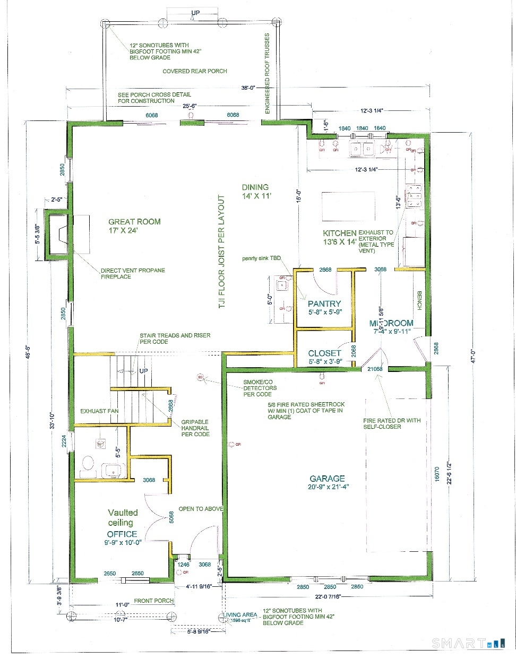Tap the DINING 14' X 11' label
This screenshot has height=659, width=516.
tap(256, 192)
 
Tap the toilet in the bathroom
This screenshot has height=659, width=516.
tap(88, 464)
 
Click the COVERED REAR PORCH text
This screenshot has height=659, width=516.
tap(195, 71)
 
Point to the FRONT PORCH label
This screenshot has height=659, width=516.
tap(154, 601)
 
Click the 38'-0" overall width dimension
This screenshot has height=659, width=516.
tap(248, 88)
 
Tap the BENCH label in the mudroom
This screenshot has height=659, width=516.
tap(419, 300)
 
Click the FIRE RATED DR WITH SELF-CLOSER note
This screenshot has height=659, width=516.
tap(392, 423)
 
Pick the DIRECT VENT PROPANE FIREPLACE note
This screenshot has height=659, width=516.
tap(133, 273)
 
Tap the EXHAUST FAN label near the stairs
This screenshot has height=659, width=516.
tap(99, 411)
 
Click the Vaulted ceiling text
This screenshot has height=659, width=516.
tap(123, 517)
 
